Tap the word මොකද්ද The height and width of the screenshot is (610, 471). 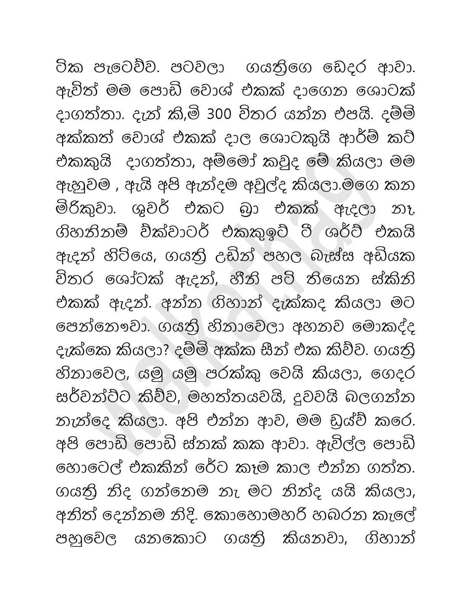384,327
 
